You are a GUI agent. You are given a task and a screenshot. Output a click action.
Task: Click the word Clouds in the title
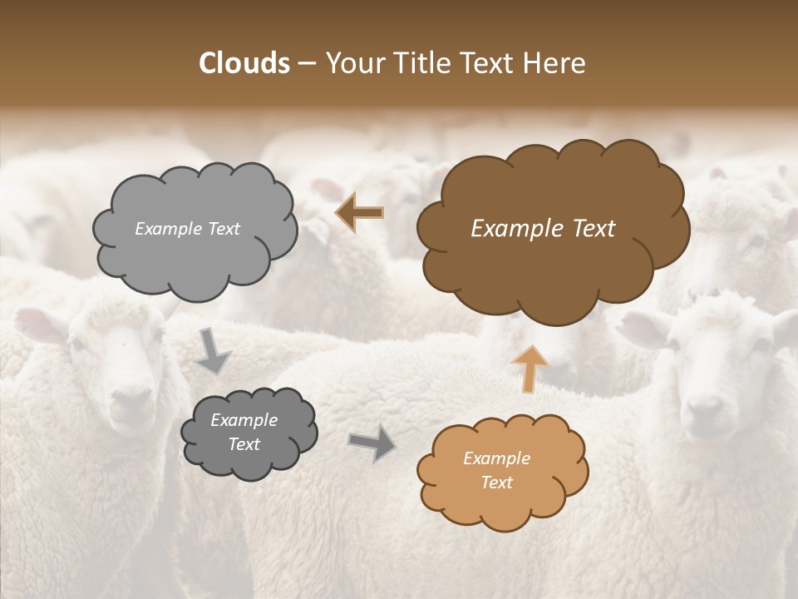click(x=244, y=63)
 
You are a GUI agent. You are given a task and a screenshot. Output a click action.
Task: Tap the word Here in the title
click(x=555, y=63)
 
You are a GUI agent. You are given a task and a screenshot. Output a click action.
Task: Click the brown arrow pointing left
click(x=360, y=213)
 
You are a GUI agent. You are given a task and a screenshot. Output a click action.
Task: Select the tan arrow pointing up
click(x=530, y=368)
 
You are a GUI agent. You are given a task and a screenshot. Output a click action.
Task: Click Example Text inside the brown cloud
click(x=543, y=229)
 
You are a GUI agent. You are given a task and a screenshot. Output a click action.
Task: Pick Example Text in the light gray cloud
click(x=187, y=229)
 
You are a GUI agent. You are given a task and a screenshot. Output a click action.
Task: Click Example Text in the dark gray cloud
click(x=244, y=433)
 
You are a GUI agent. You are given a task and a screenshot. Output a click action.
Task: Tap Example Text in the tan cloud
click(x=496, y=470)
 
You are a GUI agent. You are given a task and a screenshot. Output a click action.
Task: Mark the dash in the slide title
click(x=306, y=64)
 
